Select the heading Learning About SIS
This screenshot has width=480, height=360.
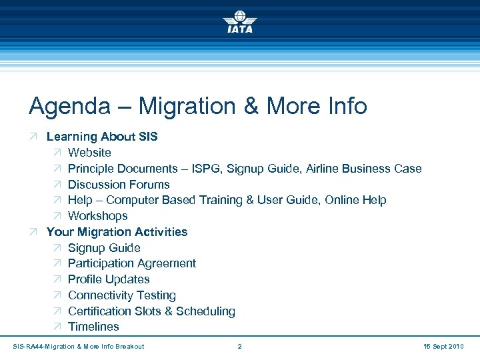pos(102,137)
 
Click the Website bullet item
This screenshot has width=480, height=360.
pos(89,153)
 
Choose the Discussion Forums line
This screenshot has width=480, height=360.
pos(119,185)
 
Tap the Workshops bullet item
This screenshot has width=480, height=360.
pos(97,216)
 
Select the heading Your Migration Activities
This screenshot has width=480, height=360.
pos(117,232)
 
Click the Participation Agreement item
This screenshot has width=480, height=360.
pos(132,263)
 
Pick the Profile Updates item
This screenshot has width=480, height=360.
pos(109,279)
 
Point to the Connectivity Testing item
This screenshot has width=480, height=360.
pos(122,295)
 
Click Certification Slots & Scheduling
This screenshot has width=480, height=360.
pos(151,311)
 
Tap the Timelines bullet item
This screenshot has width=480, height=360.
pos(93,327)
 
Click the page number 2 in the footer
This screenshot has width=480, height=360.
pos(239,346)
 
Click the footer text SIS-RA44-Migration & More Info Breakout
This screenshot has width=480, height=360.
pos(79,346)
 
